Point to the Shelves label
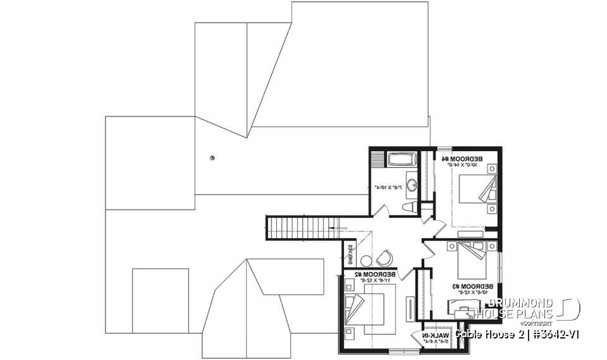[349, 255]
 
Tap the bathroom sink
[412, 185]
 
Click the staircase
[300, 227]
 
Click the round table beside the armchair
[366, 260]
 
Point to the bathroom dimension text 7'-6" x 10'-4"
[384, 187]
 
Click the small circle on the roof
[212, 158]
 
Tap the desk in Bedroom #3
[468, 311]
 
